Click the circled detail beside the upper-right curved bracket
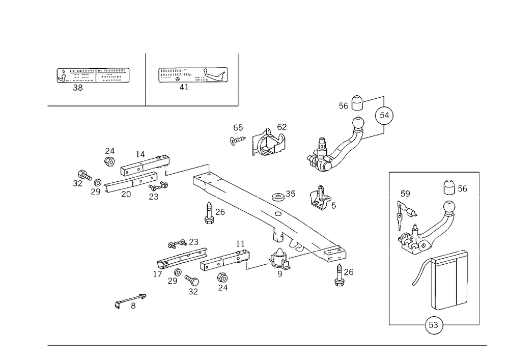click(x=384, y=116)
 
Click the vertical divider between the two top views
click(x=145, y=78)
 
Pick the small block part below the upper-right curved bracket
click(x=322, y=198)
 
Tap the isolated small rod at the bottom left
click(x=129, y=300)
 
